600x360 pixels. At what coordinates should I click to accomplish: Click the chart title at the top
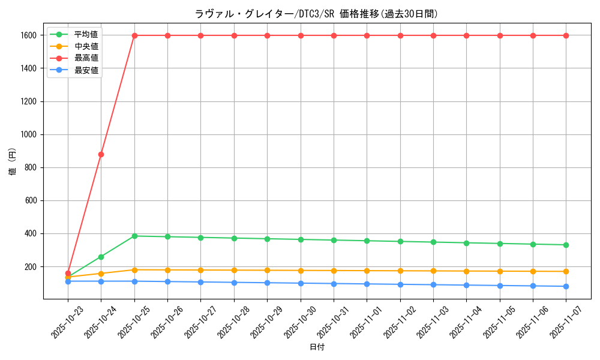click(316, 14)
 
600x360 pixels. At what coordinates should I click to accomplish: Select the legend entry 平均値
click(86, 34)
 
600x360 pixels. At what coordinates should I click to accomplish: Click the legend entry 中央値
click(86, 46)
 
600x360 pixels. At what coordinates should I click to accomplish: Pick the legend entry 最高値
click(86, 58)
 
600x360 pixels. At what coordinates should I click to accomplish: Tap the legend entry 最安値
click(86, 70)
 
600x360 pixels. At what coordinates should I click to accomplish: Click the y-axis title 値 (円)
click(12, 162)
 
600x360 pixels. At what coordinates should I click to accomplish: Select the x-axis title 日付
click(316, 347)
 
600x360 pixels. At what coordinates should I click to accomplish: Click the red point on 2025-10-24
click(101, 154)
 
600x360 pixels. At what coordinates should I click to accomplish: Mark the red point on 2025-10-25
click(134, 35)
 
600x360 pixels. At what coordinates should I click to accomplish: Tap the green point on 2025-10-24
click(101, 257)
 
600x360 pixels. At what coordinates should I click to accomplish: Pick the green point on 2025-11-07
click(566, 245)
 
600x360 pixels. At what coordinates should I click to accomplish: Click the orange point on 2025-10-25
click(134, 270)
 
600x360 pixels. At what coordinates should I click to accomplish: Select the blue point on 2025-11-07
click(566, 286)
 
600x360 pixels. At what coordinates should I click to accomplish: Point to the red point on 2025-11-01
click(367, 35)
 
